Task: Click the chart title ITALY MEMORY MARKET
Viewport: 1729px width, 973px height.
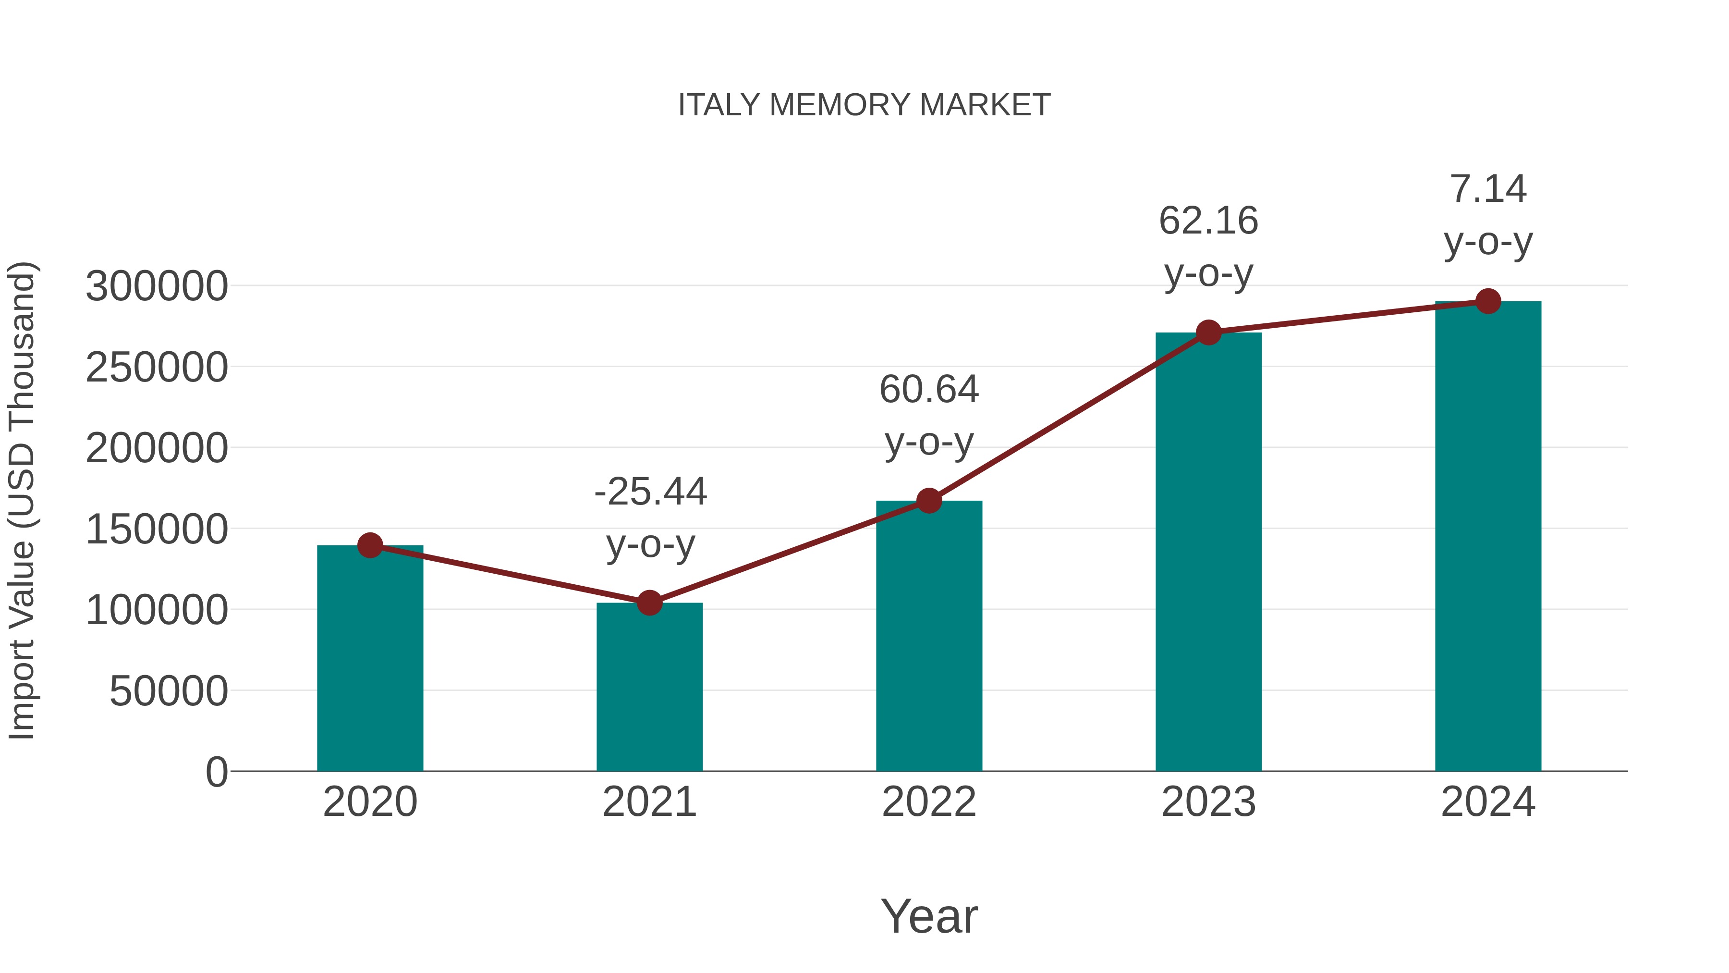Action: point(864,105)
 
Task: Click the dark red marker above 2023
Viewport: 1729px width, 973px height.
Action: point(1208,333)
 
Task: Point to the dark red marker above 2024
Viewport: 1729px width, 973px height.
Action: point(1488,301)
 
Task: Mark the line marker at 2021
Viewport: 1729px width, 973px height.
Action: point(649,603)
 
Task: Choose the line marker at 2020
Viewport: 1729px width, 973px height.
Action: point(370,545)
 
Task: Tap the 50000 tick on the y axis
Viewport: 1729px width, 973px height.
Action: point(169,691)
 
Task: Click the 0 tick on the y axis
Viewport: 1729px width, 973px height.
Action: point(216,772)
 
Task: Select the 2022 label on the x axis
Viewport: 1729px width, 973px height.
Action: point(929,802)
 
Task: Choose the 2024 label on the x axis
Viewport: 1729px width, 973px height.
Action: point(1488,802)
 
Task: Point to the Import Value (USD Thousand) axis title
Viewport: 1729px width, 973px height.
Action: point(22,500)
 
